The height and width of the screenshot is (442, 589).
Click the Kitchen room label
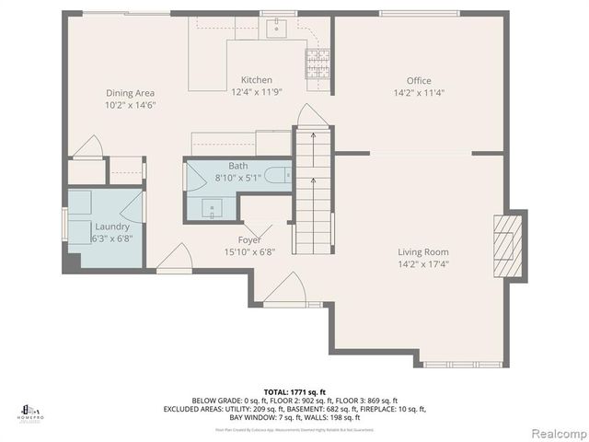(x=257, y=80)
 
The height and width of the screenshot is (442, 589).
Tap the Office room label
(x=419, y=81)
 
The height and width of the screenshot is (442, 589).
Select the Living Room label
(x=422, y=251)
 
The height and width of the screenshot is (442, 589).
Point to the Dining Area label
(x=130, y=93)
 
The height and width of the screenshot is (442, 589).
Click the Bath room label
(x=238, y=166)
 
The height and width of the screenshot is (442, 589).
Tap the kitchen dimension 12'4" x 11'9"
(x=257, y=92)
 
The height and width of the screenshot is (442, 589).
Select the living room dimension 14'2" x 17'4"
(x=422, y=263)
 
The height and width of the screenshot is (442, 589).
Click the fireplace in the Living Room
(x=508, y=245)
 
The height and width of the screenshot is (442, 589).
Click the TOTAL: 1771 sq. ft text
(x=294, y=391)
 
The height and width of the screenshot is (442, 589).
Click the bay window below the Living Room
(x=462, y=365)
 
